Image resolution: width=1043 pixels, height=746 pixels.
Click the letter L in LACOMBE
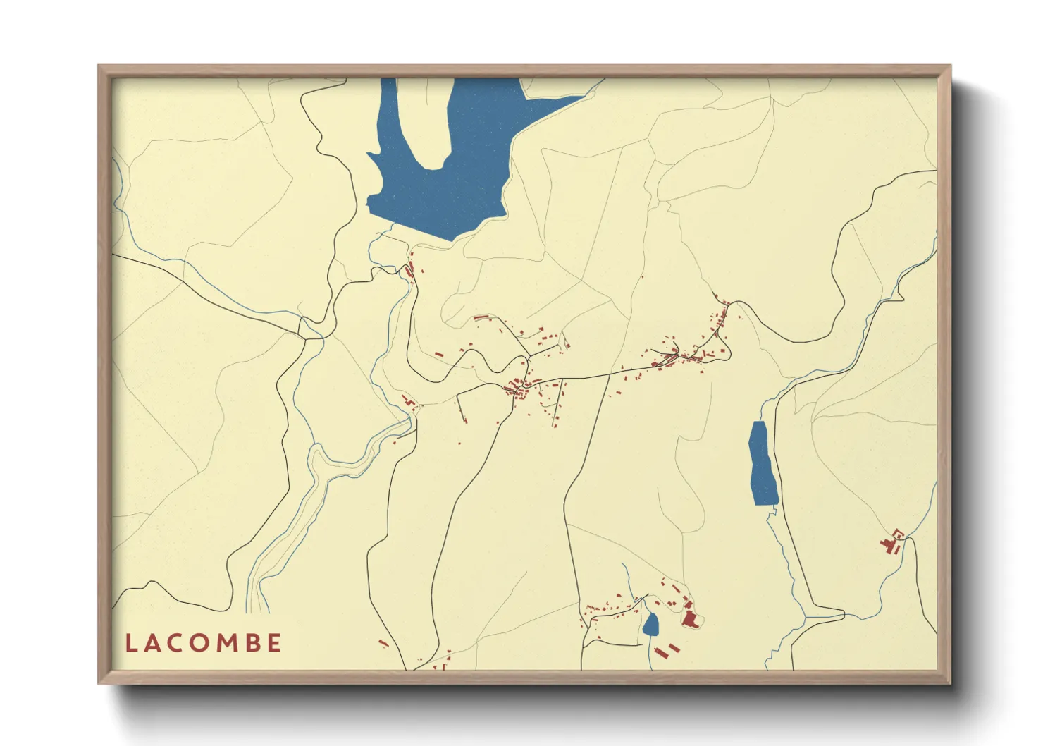click(130, 643)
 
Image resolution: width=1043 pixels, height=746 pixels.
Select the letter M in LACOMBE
click(228, 643)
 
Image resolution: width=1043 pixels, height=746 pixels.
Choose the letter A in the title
click(153, 643)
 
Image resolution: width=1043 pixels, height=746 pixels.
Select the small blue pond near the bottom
click(650, 624)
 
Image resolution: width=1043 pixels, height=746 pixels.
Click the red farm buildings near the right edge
click(889, 542)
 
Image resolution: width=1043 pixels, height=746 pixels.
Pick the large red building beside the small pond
click(690, 619)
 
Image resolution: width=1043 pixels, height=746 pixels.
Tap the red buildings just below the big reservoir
click(409, 269)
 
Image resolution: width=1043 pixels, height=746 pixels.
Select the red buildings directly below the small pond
click(667, 650)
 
